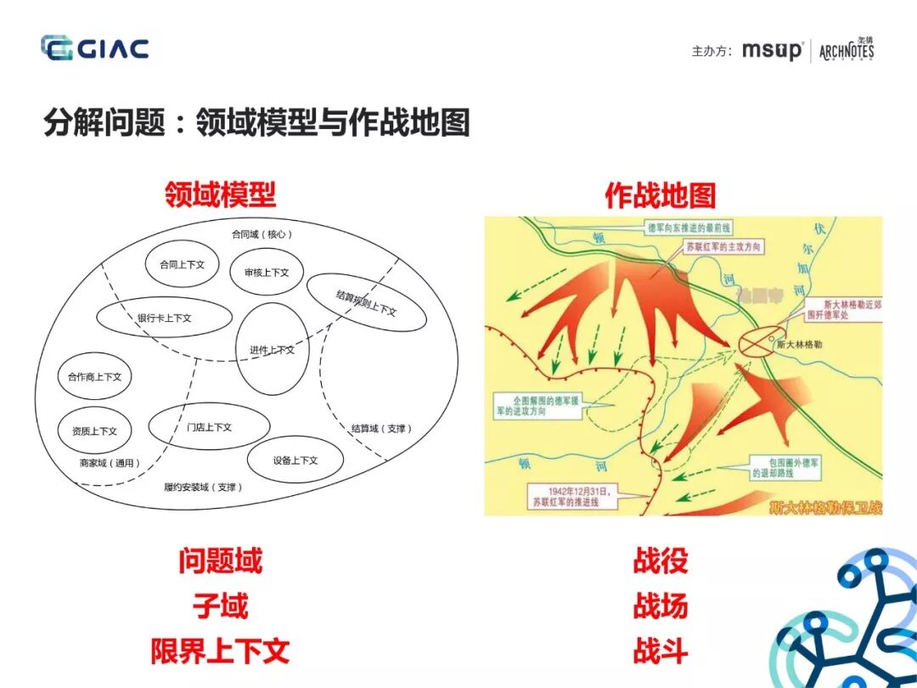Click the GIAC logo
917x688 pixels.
click(x=94, y=48)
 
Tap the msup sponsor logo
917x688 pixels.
click(x=772, y=50)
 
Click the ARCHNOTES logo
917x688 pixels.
click(x=846, y=50)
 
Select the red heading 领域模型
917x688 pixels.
click(x=220, y=195)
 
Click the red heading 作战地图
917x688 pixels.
click(x=660, y=195)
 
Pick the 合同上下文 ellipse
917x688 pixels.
click(x=182, y=264)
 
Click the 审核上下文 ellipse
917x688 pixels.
click(x=267, y=272)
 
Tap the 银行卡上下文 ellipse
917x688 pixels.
click(x=165, y=318)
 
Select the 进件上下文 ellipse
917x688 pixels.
click(x=272, y=348)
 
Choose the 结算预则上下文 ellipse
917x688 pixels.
click(x=365, y=302)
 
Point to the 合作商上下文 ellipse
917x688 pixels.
click(x=95, y=376)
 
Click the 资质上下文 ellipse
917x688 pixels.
click(x=95, y=431)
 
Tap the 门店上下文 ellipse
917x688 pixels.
click(x=209, y=426)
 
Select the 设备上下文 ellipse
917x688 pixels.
click(x=295, y=460)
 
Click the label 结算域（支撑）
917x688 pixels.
click(x=381, y=428)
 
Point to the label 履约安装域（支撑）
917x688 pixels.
click(x=203, y=487)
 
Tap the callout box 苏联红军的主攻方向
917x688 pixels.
click(x=723, y=246)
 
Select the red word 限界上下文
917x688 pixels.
click(x=220, y=651)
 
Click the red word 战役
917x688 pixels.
click(x=660, y=561)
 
